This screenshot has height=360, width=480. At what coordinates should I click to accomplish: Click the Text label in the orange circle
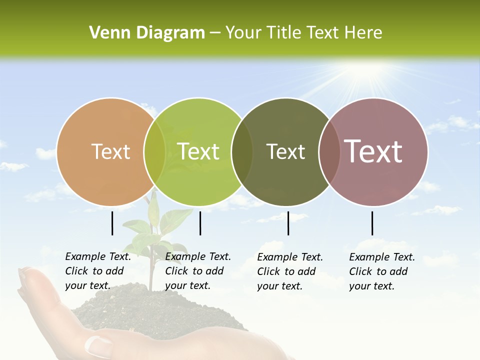111,151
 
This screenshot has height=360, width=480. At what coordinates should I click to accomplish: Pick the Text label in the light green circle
198,151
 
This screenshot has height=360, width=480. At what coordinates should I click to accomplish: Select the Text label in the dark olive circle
286,151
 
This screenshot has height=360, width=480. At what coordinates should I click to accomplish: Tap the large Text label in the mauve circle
373,151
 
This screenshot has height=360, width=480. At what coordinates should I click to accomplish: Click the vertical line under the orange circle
112,223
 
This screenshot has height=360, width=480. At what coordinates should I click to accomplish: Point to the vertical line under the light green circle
200,223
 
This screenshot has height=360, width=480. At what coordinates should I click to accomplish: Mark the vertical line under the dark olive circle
288,223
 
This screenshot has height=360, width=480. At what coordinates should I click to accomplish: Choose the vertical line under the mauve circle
372,223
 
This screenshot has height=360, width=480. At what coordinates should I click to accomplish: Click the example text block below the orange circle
98,271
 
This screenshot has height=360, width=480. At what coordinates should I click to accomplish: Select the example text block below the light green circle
198,271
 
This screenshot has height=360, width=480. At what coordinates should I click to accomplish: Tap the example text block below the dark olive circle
290,271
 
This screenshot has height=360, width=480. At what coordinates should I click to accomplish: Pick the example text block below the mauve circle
382,271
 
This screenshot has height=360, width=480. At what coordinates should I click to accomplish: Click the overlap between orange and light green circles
154,151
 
